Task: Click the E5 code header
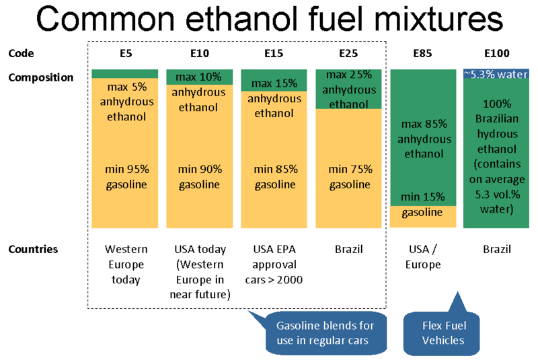[125, 53]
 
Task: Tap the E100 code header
[496, 53]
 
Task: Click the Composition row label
[40, 77]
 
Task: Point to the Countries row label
[33, 249]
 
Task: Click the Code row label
[21, 53]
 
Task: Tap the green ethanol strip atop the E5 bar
[125, 73]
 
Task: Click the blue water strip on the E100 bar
[496, 74]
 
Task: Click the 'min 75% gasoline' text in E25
[349, 177]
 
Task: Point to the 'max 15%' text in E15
[274, 84]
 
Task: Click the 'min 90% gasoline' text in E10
[199, 177]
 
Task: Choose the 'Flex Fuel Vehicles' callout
[443, 332]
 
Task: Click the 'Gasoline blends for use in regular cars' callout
[325, 332]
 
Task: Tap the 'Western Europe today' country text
[125, 264]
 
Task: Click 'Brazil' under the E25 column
[349, 250]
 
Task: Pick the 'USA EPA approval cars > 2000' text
[274, 264]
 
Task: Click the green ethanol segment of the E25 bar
[349, 89]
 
